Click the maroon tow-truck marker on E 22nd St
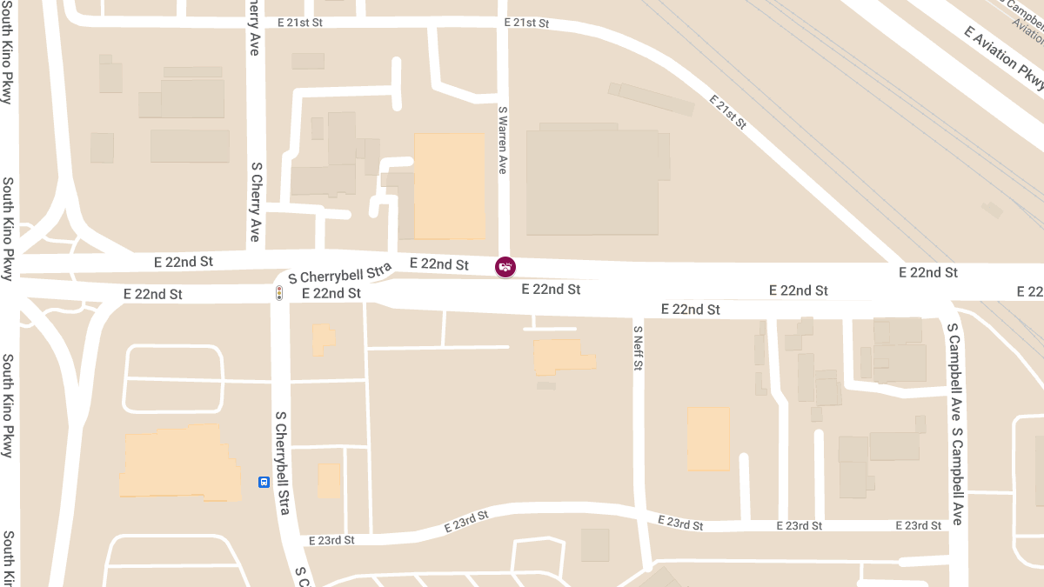505,267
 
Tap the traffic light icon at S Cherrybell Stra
279,293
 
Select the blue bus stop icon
264,482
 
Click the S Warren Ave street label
502,140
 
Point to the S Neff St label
638,348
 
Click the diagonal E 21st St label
728,112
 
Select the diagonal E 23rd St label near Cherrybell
466,521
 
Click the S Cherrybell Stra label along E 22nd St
340,271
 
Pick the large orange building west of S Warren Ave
449,186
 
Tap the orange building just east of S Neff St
708,438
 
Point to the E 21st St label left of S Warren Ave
300,23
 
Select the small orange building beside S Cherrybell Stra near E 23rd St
330,481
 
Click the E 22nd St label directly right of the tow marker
551,289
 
